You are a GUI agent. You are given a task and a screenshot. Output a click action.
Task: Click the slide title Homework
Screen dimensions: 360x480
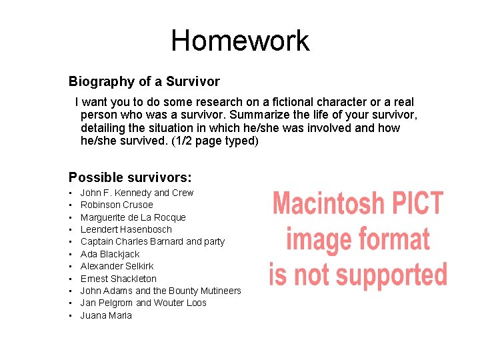click(240, 41)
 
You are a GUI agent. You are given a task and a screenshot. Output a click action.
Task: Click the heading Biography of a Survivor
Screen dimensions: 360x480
click(144, 81)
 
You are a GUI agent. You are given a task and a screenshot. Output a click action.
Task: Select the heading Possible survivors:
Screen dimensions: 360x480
click(130, 177)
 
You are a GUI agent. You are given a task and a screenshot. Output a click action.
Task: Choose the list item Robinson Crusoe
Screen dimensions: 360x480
click(117, 205)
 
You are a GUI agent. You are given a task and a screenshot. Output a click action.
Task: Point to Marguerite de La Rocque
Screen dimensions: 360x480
click(133, 217)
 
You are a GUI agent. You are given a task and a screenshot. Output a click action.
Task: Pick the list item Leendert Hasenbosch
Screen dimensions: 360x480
click(126, 229)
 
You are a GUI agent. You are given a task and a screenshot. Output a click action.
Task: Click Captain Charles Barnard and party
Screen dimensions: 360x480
click(153, 241)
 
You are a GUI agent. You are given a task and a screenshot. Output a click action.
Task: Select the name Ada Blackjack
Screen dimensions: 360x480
click(110, 254)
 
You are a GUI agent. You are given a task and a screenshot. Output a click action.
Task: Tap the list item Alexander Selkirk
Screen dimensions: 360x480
click(117, 266)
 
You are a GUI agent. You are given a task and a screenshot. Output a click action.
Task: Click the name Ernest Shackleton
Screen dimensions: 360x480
click(119, 279)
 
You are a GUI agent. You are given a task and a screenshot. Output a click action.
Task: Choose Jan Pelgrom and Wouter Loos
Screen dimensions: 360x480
click(143, 303)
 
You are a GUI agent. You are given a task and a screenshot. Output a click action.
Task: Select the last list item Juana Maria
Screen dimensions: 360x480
click(106, 315)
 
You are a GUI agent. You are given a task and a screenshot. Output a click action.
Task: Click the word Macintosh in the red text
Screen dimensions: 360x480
click(329, 203)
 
